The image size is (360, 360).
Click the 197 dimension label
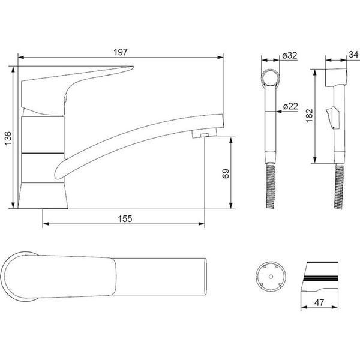click(x=121, y=52)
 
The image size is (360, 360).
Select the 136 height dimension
click(x=8, y=138)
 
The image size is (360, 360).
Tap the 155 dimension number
click(x=125, y=219)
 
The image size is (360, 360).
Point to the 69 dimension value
click(x=226, y=173)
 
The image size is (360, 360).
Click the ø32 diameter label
click(x=290, y=55)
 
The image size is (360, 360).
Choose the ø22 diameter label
click(x=290, y=106)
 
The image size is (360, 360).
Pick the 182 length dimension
click(x=309, y=116)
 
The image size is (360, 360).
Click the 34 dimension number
click(x=353, y=55)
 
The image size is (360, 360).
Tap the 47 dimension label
click(x=319, y=302)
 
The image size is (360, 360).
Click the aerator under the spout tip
click(x=205, y=133)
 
